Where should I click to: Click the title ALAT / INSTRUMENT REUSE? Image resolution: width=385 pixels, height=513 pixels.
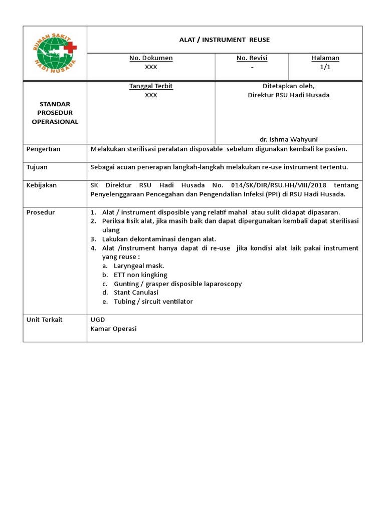pos(225,40)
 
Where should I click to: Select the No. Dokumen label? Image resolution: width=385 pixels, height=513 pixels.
pos(151,58)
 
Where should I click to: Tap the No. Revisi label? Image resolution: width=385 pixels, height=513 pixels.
pos(252,58)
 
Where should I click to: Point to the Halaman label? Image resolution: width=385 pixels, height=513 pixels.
pos(325,58)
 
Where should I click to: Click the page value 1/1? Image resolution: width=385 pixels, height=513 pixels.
pos(325,67)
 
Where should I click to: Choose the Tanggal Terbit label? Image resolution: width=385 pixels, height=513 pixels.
pos(151,86)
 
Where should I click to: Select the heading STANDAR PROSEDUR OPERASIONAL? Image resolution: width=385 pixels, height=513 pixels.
pos(55,113)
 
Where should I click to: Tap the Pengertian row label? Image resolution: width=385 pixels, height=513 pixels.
pos(43,149)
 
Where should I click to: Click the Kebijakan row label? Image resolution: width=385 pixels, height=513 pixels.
pos(42,185)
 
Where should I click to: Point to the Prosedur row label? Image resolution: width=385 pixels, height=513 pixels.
pos(41,212)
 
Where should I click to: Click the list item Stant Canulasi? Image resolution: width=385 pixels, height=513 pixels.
pos(136,293)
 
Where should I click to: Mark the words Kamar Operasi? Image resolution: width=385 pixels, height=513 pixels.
pos(113,329)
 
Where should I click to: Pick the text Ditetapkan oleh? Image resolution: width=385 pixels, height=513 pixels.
pos(288,86)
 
